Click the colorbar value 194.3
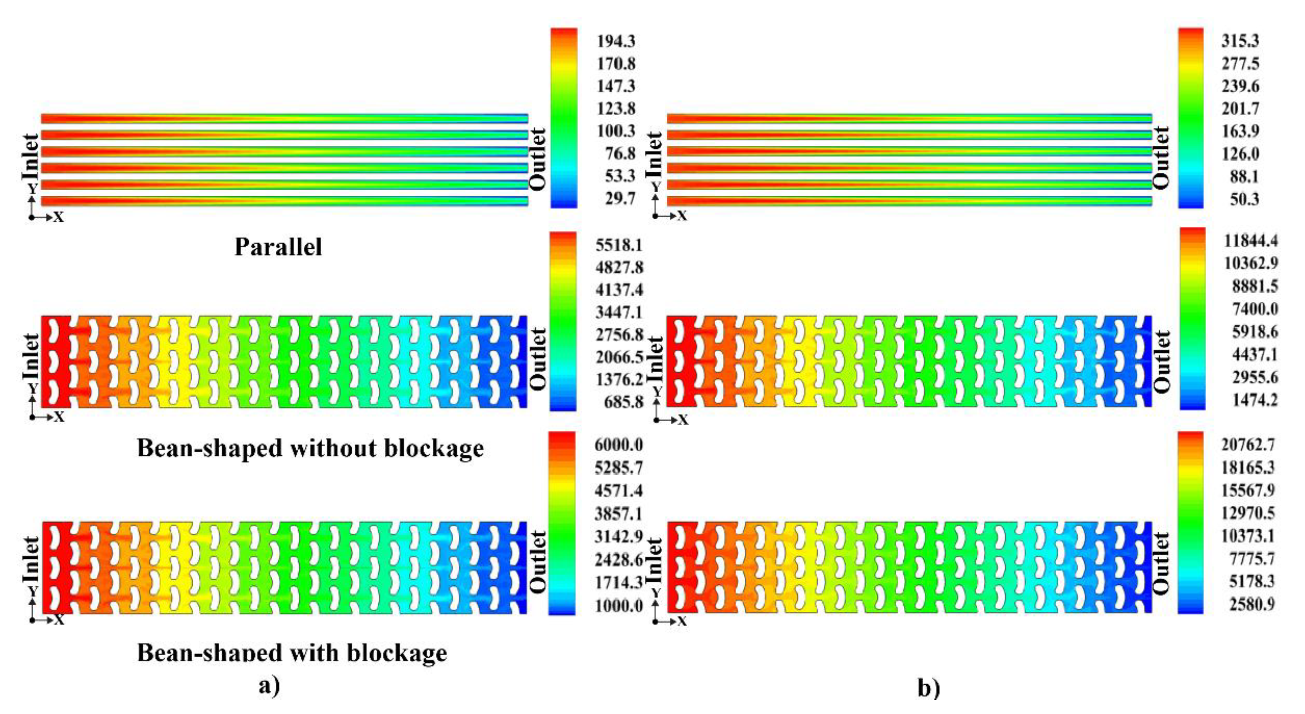(616, 41)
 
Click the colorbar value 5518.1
(619, 245)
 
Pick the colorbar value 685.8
(623, 402)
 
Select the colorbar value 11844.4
(1251, 240)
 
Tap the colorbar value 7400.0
(1255, 309)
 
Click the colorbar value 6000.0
(619, 445)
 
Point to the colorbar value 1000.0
(619, 606)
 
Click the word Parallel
(278, 247)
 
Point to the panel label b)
(929, 688)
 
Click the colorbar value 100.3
(616, 131)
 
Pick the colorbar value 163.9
(1240, 131)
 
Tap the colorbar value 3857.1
(619, 514)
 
